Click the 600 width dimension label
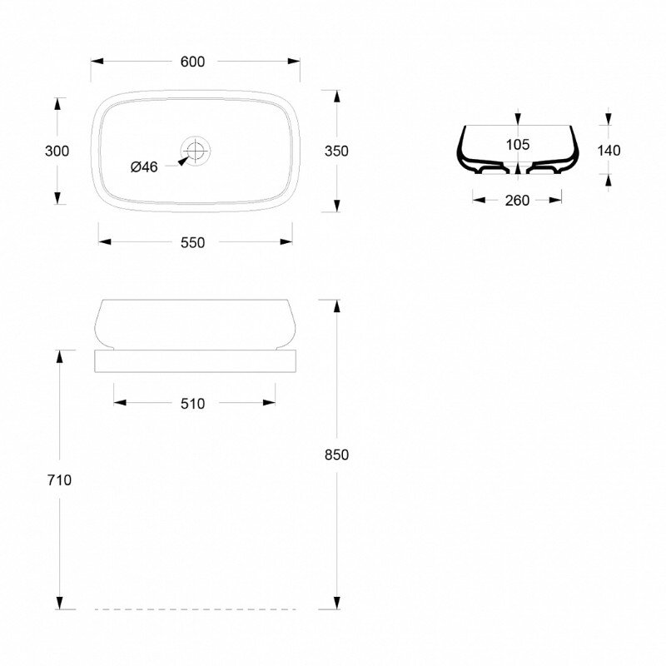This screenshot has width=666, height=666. click(192, 62)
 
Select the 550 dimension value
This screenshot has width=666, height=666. click(192, 242)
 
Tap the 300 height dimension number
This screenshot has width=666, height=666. click(57, 151)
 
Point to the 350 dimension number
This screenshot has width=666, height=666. click(336, 151)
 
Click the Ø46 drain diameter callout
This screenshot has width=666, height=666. click(144, 167)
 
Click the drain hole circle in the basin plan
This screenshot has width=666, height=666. click(196, 151)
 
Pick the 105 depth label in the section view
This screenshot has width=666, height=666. click(517, 144)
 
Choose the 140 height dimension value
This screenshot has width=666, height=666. click(609, 151)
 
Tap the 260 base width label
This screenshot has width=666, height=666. click(517, 201)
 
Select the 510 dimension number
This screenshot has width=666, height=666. click(192, 404)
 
